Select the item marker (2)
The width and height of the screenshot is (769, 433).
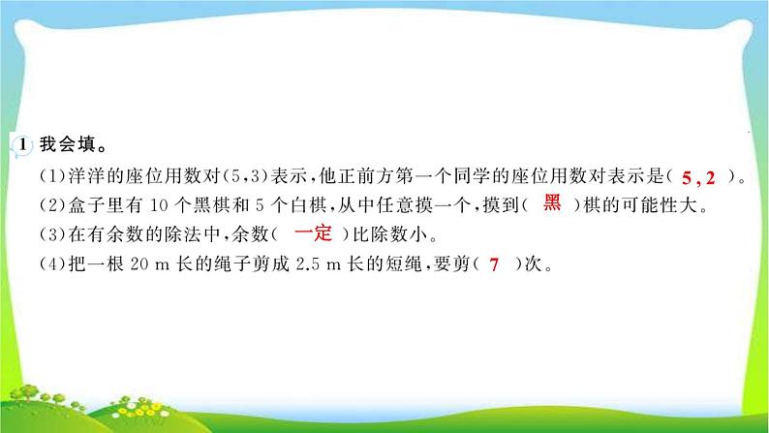[51, 204]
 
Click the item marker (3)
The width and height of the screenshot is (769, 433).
[51, 233]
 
